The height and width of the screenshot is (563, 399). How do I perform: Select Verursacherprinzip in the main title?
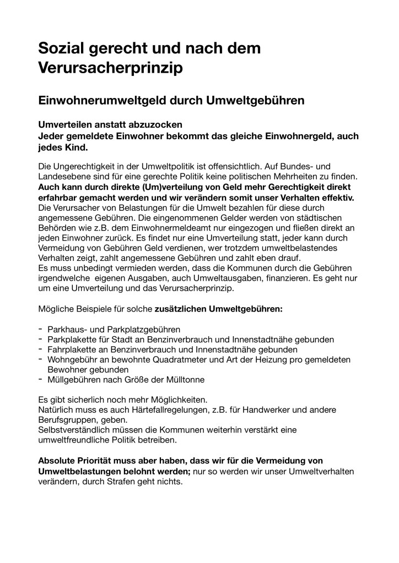tap(110, 68)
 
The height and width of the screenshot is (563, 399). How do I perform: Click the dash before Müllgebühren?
tap(41, 379)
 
